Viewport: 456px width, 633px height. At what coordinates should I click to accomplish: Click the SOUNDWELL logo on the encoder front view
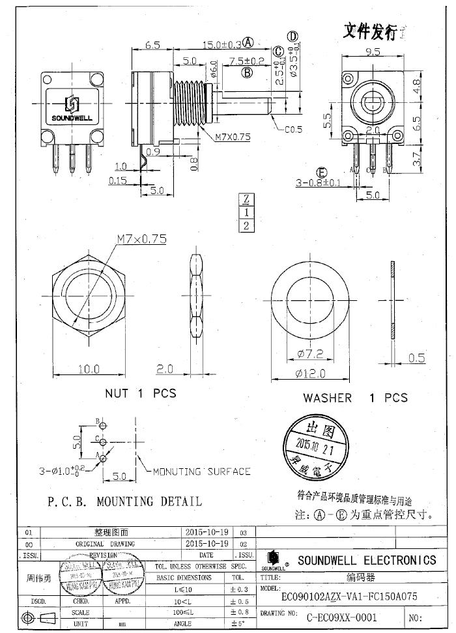pos(72,109)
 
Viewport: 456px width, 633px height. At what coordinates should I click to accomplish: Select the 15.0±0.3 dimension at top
pos(223,44)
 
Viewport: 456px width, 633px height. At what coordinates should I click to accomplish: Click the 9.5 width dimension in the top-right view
pos(373,51)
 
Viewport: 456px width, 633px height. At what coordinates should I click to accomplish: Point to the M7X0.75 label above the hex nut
pos(142,239)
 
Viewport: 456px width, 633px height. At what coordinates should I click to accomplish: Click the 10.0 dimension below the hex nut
pos(89,369)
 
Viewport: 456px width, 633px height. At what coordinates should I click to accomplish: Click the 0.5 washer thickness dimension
pos(417,358)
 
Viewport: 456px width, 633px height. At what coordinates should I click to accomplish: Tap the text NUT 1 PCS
pos(141,393)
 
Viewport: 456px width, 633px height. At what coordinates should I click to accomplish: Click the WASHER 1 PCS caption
pos(355,397)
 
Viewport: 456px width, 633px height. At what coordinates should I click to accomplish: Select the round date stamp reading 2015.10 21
pos(314,444)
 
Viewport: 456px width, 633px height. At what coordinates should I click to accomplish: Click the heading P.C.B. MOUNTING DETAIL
pos(124,501)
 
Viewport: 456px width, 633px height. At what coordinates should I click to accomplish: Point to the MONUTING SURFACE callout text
pos(201,471)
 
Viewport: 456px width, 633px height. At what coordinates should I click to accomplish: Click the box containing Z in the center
pos(246,199)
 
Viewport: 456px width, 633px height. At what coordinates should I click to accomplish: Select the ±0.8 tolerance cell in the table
pos(237,612)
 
